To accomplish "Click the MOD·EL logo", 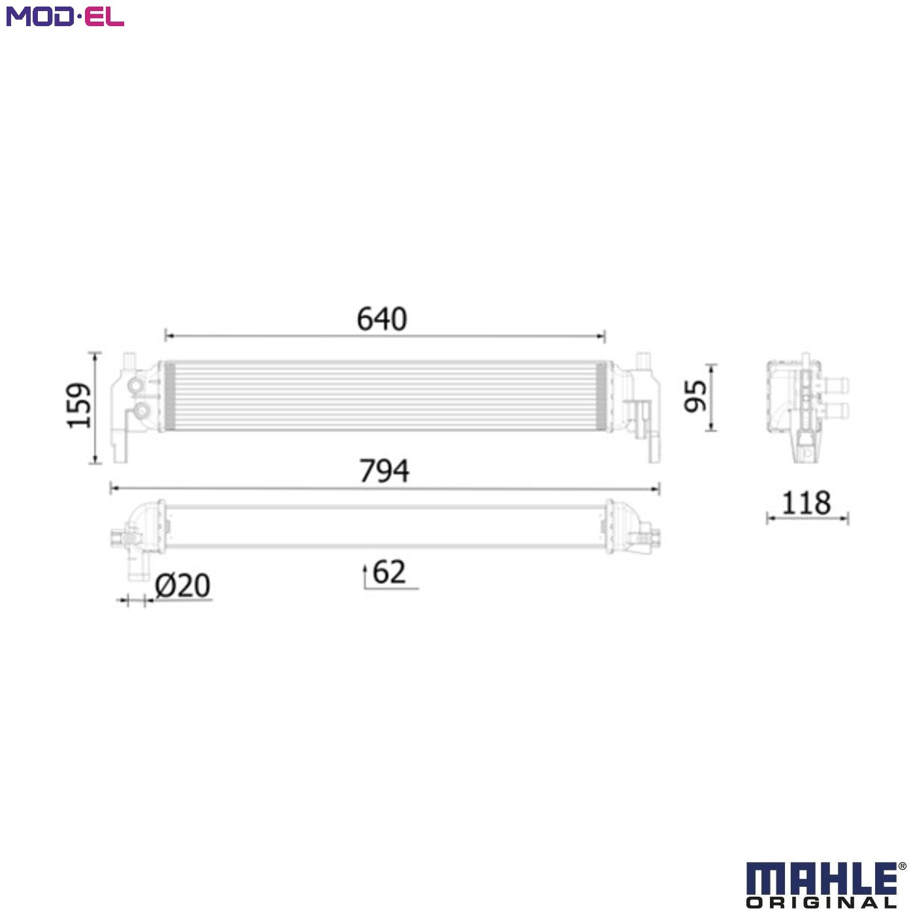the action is click(65, 16).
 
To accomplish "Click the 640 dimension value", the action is click(382, 318).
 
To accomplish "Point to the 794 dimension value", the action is click(384, 471).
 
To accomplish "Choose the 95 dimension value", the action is click(695, 395).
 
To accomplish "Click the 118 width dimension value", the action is click(807, 503).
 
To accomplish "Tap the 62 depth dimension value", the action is click(390, 572).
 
